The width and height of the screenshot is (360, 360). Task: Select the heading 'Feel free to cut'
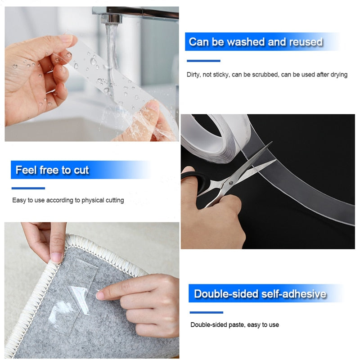point(52,170)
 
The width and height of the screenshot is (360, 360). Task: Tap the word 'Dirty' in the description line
point(193,75)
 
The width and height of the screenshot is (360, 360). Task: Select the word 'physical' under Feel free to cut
point(93,200)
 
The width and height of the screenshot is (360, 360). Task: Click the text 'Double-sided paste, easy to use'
point(234,324)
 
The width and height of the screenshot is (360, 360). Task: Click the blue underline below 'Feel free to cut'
point(28,188)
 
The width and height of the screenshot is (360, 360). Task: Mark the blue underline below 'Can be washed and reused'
point(203,61)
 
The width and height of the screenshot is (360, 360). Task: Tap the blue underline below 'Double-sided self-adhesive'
point(206,312)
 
